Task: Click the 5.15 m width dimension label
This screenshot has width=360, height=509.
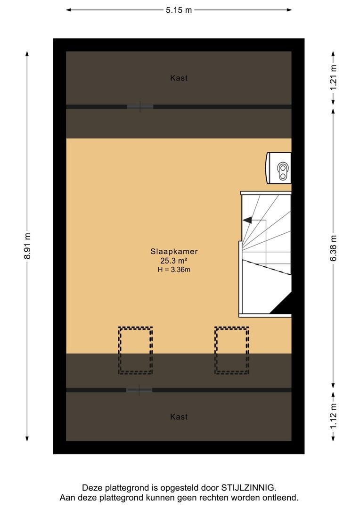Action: (179, 10)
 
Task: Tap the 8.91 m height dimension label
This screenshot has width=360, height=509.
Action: (28, 246)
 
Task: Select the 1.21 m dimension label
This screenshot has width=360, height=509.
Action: (334, 78)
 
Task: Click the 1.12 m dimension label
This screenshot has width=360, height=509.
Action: (334, 416)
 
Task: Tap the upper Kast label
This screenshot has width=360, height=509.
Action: (179, 78)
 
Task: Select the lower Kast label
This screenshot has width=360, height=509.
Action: (179, 417)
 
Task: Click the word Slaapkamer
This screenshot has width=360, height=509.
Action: (174, 251)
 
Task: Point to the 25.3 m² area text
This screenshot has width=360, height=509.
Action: (174, 260)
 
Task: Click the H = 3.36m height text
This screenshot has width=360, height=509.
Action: (174, 270)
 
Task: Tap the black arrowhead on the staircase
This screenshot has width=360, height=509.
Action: (247, 220)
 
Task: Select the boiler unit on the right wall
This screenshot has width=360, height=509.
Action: (278, 168)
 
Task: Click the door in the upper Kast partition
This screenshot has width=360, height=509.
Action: (140, 107)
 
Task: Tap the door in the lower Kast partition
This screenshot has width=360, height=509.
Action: (139, 390)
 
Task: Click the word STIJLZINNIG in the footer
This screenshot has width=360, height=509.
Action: (248, 488)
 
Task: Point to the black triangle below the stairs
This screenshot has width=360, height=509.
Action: (281, 304)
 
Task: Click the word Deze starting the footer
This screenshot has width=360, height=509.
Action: (92, 488)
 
